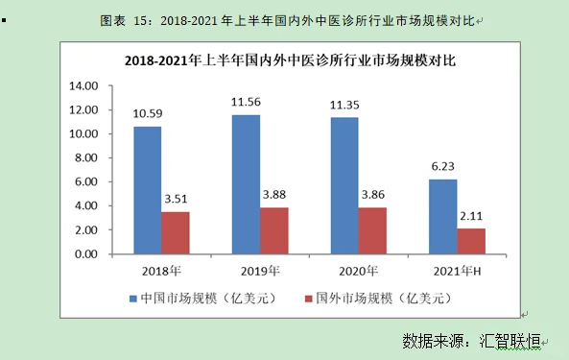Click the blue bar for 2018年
[x=147, y=190]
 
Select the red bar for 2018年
[x=176, y=232]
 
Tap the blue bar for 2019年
[x=246, y=184]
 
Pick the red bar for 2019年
[x=273, y=230]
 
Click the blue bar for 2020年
[x=344, y=185]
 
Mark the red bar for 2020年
[x=372, y=230]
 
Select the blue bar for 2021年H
[x=442, y=216]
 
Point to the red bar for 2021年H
[x=471, y=241]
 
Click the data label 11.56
[x=246, y=101]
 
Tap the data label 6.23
[x=442, y=165]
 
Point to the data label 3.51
[x=176, y=199]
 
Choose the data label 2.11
[x=471, y=215]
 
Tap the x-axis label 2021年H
[x=457, y=271]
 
